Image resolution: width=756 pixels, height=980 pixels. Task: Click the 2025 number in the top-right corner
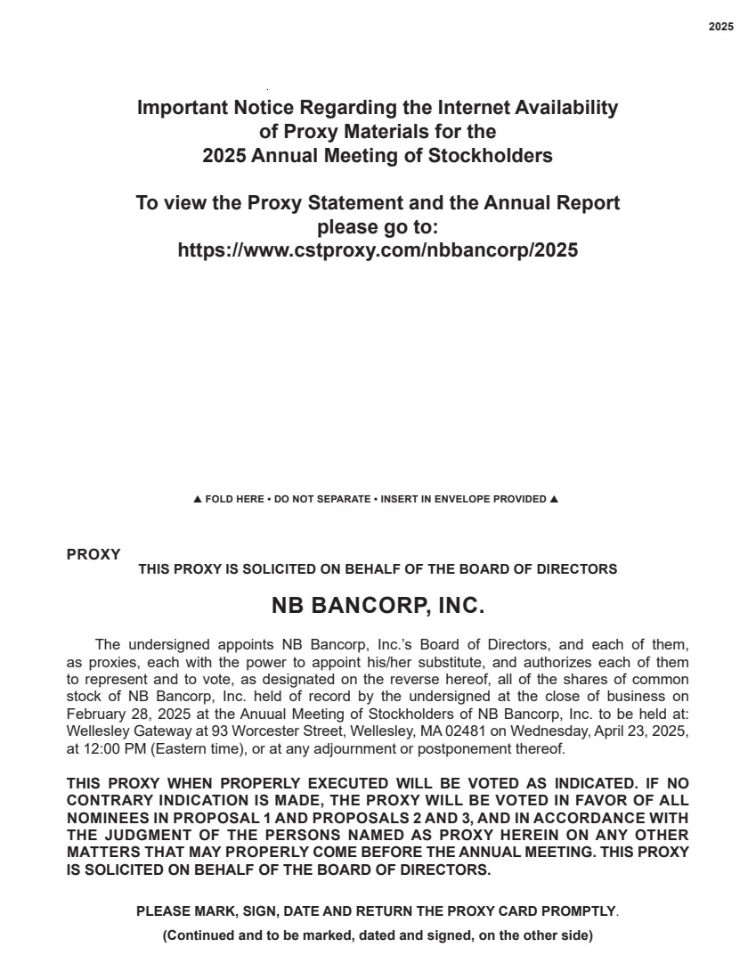(721, 27)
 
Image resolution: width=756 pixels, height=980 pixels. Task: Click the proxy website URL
(378, 250)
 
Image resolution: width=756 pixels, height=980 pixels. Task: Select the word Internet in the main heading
(469, 108)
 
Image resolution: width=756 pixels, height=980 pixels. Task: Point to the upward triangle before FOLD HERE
(198, 499)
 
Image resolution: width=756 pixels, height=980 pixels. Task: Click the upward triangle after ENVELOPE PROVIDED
(554, 499)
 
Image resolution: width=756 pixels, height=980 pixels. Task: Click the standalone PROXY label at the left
(93, 554)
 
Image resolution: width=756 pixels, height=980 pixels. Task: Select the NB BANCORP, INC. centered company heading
(378, 607)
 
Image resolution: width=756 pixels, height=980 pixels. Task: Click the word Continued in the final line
(198, 935)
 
